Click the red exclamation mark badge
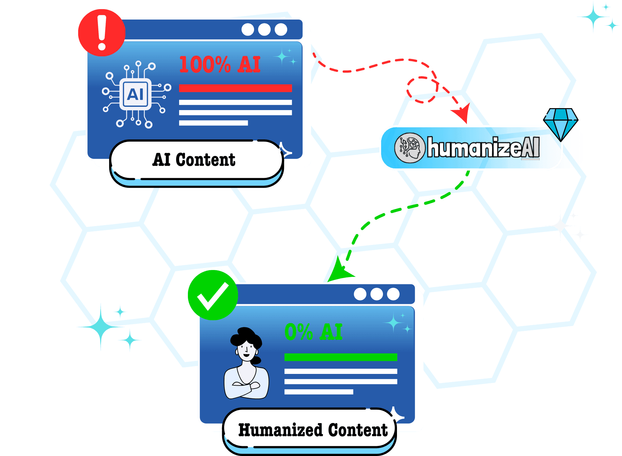pyautogui.click(x=102, y=33)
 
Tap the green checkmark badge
pyautogui.click(x=213, y=295)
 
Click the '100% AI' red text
pyautogui.click(x=220, y=64)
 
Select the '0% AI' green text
pyautogui.click(x=313, y=332)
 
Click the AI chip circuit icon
pyautogui.click(x=135, y=94)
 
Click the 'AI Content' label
pyautogui.click(x=194, y=160)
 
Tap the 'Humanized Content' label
pyautogui.click(x=313, y=430)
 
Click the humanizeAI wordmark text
pyautogui.click(x=483, y=148)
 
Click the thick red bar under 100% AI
pyautogui.click(x=235, y=88)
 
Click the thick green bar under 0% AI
pyautogui.click(x=341, y=357)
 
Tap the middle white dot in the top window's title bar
pyautogui.click(x=264, y=30)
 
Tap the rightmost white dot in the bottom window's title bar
pyautogui.click(x=393, y=294)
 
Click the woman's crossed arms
pyautogui.click(x=247, y=386)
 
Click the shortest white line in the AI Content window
pyautogui.click(x=213, y=123)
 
